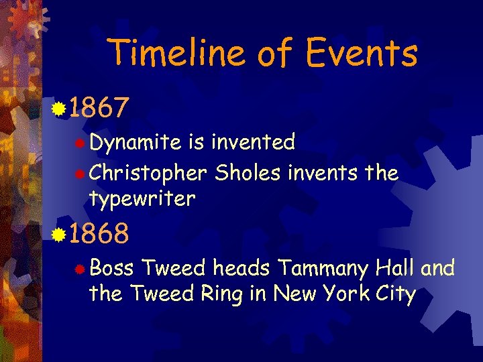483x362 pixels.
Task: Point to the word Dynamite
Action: (135, 142)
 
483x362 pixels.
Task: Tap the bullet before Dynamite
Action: (80, 143)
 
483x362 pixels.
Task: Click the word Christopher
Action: (148, 174)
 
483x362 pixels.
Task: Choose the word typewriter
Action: (142, 198)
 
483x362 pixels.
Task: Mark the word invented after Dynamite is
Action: (253, 142)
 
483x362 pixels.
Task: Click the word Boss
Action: (111, 269)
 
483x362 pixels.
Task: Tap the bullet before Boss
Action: (80, 269)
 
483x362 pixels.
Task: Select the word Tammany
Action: (322, 269)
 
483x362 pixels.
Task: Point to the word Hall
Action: (396, 269)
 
